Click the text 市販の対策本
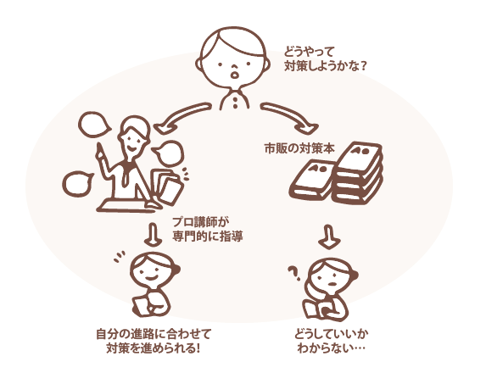click(299, 148)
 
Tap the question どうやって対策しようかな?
click(326, 58)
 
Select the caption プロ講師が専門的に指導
click(207, 230)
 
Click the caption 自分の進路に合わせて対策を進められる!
click(154, 342)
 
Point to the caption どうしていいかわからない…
click(332, 342)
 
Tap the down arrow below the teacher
click(154, 235)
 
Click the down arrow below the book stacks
click(329, 237)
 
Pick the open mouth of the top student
click(235, 75)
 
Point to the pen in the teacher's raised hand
click(100, 150)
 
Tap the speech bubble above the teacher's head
click(94, 125)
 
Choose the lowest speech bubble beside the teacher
click(78, 183)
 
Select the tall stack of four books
click(357, 173)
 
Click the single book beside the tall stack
click(312, 179)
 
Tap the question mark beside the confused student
click(293, 273)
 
